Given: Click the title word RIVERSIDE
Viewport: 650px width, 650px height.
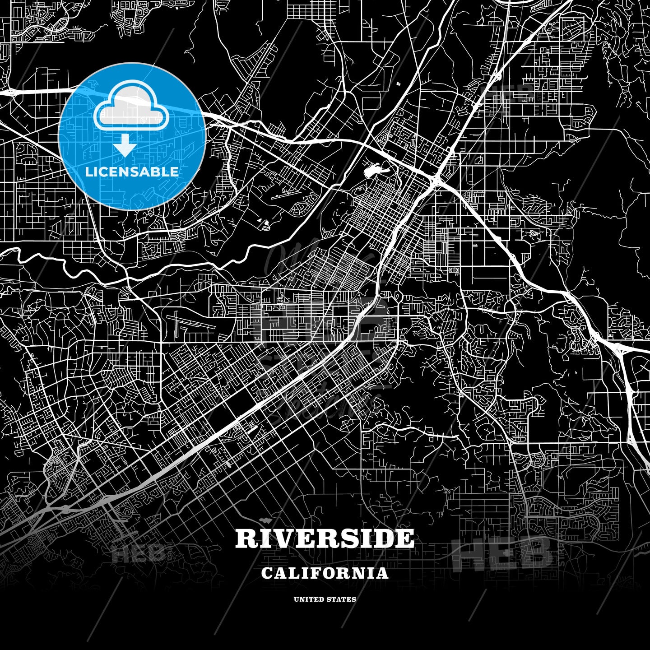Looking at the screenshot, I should [x=325, y=538].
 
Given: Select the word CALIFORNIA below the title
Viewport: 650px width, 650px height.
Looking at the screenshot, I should [x=325, y=573].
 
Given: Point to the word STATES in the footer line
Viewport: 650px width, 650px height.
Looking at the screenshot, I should [x=342, y=599].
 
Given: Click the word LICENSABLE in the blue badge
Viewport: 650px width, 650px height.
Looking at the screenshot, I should [x=132, y=172].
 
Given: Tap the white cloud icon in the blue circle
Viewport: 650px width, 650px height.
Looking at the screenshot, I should [x=131, y=107].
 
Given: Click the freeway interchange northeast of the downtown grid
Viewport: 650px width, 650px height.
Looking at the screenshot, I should [x=436, y=181].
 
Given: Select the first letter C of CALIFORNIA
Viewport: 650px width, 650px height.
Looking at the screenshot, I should [x=267, y=573].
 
